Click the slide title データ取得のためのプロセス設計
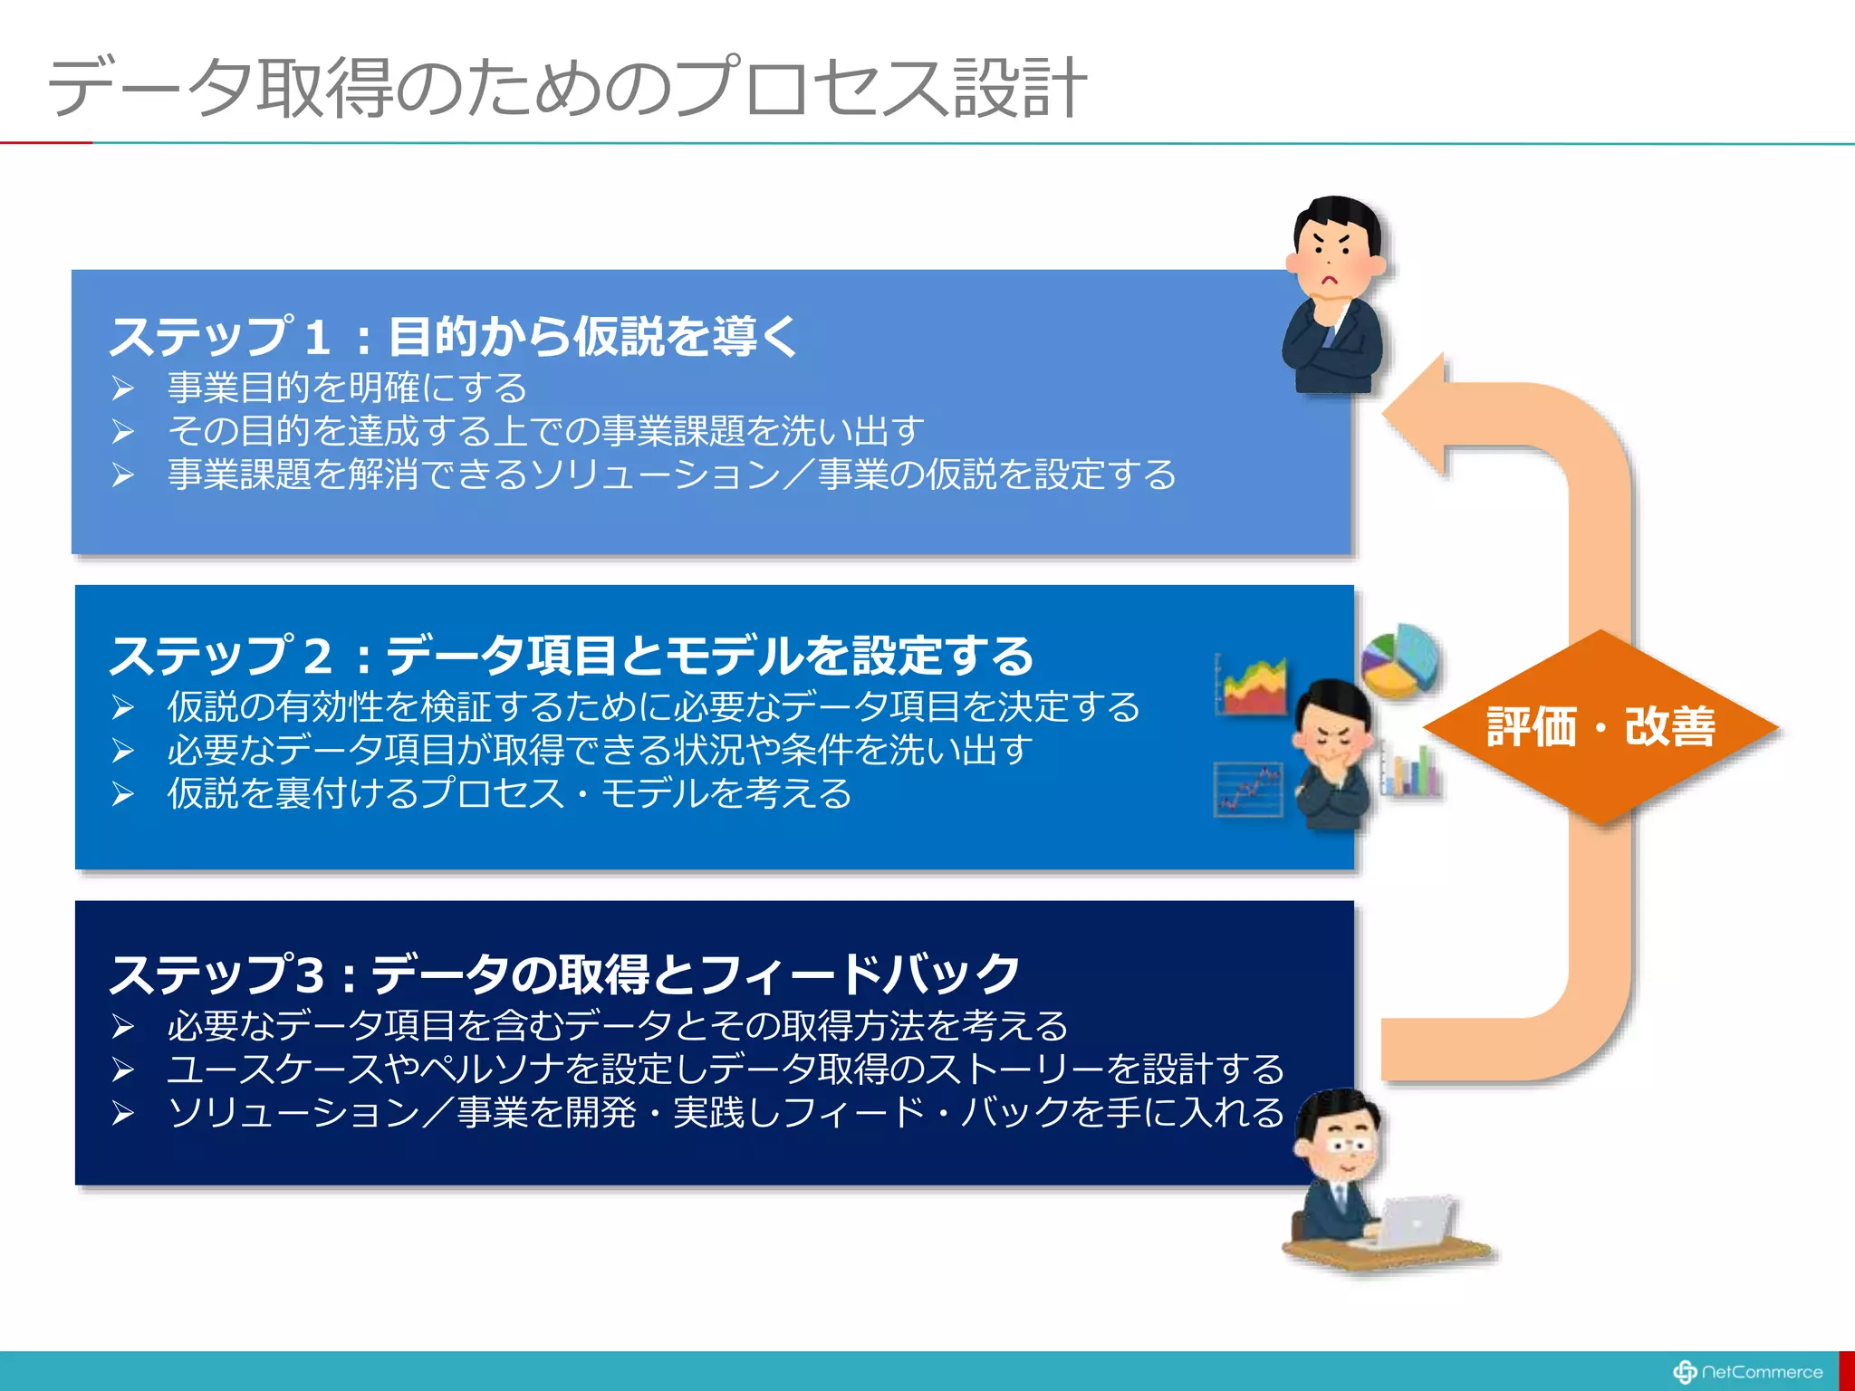[566, 88]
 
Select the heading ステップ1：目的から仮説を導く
[453, 337]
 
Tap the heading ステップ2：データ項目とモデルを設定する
[571, 655]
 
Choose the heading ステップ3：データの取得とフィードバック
[563, 974]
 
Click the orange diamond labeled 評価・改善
[1600, 727]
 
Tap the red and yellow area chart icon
[1253, 686]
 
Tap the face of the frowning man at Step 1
[1331, 258]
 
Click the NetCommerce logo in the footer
[1748, 1372]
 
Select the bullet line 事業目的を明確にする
[347, 388]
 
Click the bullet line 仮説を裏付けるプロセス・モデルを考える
[509, 793]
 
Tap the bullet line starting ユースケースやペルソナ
[725, 1070]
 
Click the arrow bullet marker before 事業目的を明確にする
[123, 389]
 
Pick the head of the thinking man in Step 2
[1332, 720]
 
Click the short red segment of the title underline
[45, 143]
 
